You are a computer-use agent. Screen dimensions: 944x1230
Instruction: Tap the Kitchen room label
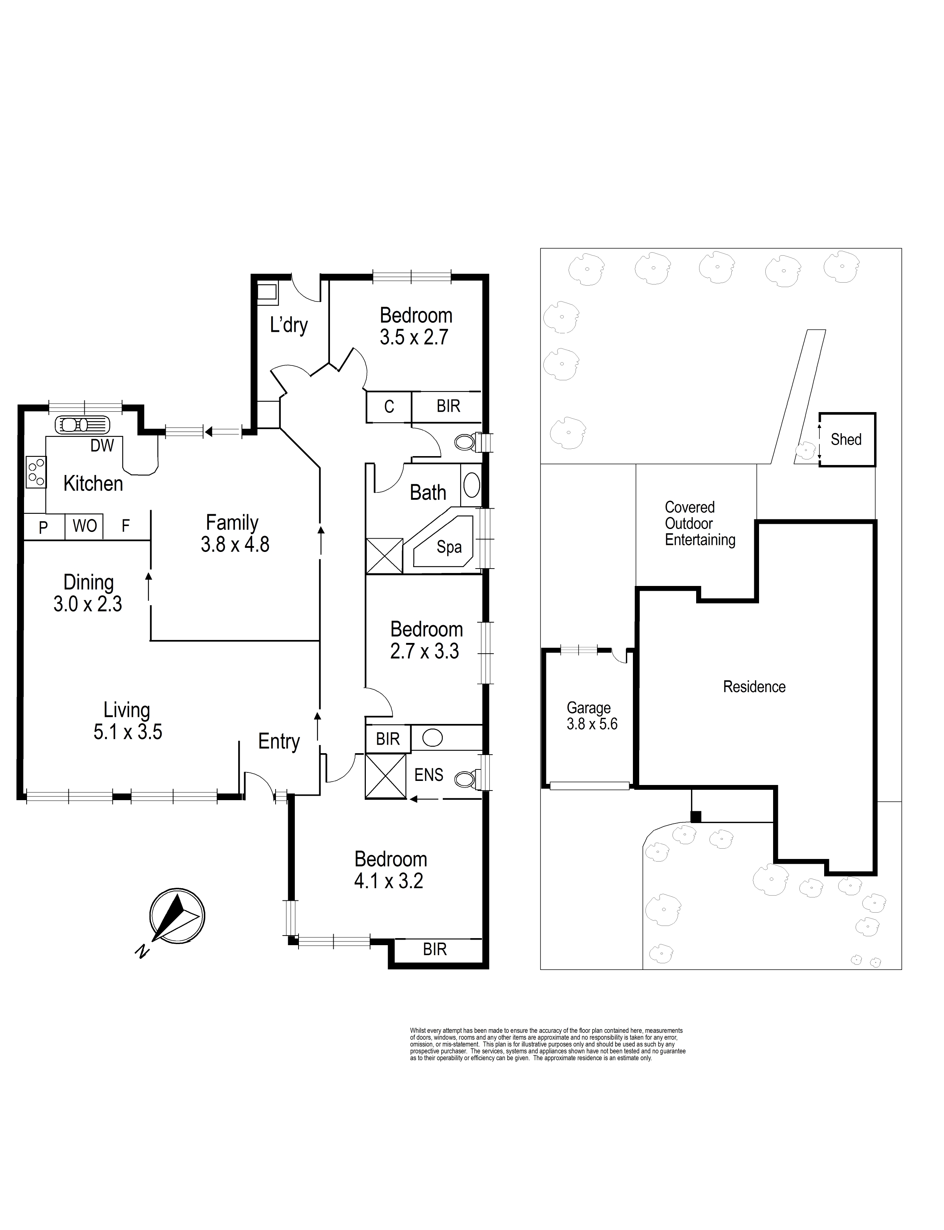point(93,483)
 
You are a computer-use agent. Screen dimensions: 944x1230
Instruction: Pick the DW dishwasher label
point(102,446)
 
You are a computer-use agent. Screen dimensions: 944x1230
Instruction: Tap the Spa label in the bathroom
point(449,547)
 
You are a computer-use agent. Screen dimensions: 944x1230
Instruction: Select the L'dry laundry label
point(289,325)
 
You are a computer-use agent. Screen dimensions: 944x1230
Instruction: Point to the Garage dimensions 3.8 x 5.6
point(592,724)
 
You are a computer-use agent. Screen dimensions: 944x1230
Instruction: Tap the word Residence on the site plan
point(754,687)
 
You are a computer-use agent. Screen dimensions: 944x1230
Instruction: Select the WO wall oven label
point(85,526)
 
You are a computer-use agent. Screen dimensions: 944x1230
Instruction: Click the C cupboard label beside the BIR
point(389,406)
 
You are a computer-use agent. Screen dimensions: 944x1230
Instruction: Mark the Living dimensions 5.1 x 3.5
point(128,732)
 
